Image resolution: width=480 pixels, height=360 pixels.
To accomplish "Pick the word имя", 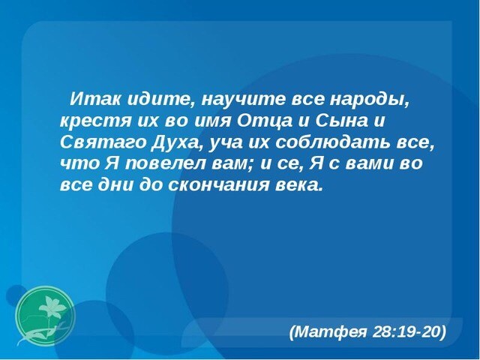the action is pyautogui.click(x=212, y=121).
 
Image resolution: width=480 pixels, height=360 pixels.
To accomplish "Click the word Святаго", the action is pyautogui.click(x=103, y=142).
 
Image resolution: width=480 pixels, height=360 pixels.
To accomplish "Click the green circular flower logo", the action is pyautogui.click(x=45, y=316).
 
